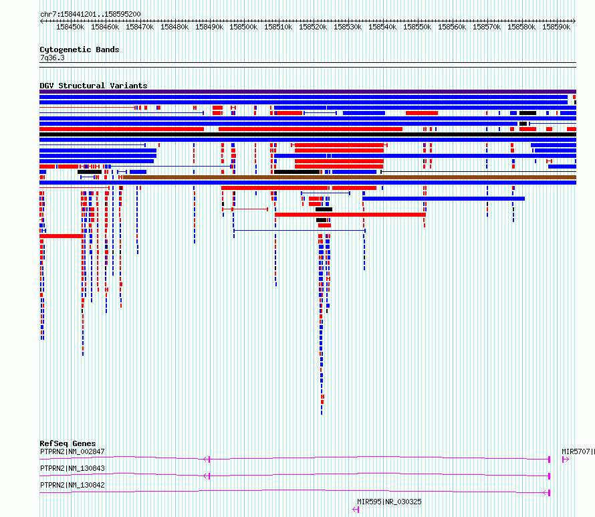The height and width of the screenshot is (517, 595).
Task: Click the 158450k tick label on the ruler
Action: [x=70, y=27]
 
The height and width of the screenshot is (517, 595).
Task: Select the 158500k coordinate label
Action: [x=243, y=27]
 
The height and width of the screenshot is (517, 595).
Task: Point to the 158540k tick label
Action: [x=382, y=27]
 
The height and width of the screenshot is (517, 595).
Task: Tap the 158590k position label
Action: [x=556, y=27]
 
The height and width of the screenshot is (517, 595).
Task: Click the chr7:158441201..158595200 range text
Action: [x=90, y=15]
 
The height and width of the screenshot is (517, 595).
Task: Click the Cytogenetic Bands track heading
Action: [x=80, y=49]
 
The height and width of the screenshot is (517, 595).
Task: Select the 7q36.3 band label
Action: [x=52, y=58]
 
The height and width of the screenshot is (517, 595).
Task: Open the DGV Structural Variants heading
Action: [x=94, y=86]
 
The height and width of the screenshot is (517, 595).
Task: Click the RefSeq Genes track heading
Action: [x=68, y=443]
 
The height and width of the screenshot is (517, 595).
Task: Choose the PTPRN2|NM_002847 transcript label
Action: [x=72, y=451]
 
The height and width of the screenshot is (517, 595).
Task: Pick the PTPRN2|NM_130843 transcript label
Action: [x=72, y=468]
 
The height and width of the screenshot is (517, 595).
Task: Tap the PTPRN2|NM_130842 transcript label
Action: [x=72, y=485]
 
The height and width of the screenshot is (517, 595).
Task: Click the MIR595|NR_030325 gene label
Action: [x=389, y=502]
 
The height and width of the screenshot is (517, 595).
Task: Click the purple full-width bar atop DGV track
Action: [x=308, y=92]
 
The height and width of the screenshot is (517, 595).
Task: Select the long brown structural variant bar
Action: [x=350, y=177]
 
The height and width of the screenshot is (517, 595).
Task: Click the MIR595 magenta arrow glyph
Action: [x=356, y=510]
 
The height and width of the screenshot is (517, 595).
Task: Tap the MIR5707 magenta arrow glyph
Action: [x=566, y=459]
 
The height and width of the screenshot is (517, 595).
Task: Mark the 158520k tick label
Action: [x=313, y=27]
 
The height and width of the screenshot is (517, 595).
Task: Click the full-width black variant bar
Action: [x=308, y=134]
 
